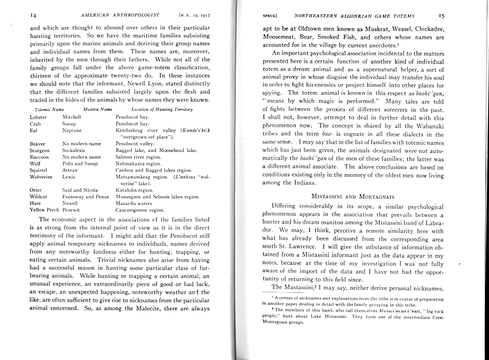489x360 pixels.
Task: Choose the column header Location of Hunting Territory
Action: pos(155,109)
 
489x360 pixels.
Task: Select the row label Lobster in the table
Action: pos(38,118)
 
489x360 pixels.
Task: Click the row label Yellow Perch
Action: pos(44,210)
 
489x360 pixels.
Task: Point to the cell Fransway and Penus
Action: pos(85,197)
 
